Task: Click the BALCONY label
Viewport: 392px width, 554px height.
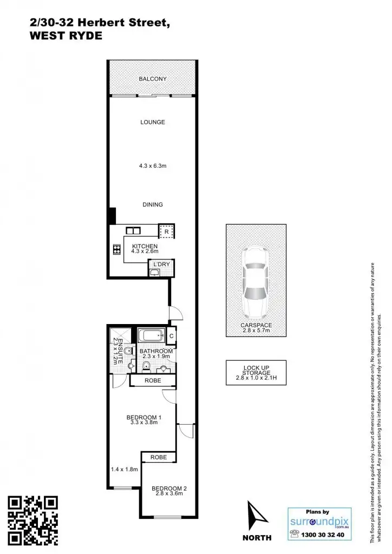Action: (x=152, y=79)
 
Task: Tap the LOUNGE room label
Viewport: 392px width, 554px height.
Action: (x=152, y=122)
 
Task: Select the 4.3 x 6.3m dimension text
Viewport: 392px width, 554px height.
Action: (x=152, y=166)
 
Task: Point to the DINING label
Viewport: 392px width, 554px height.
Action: (x=152, y=205)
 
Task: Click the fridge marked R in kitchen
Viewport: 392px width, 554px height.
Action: (x=166, y=232)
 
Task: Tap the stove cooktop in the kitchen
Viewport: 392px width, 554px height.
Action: (x=116, y=249)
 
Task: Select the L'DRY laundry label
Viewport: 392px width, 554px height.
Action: (x=161, y=264)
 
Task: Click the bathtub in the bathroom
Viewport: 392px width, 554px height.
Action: (x=151, y=335)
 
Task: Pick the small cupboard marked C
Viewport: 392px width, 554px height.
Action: (x=171, y=336)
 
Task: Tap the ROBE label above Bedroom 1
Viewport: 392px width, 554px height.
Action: (x=153, y=381)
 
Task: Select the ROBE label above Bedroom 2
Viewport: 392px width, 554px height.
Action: (x=159, y=457)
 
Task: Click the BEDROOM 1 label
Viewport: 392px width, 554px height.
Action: (x=143, y=417)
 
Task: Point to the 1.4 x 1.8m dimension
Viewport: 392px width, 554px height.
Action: (x=124, y=469)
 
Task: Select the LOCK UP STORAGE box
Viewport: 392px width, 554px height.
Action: (x=256, y=373)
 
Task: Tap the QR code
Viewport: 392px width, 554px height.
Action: (x=34, y=519)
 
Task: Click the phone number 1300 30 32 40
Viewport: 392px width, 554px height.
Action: (x=324, y=535)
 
